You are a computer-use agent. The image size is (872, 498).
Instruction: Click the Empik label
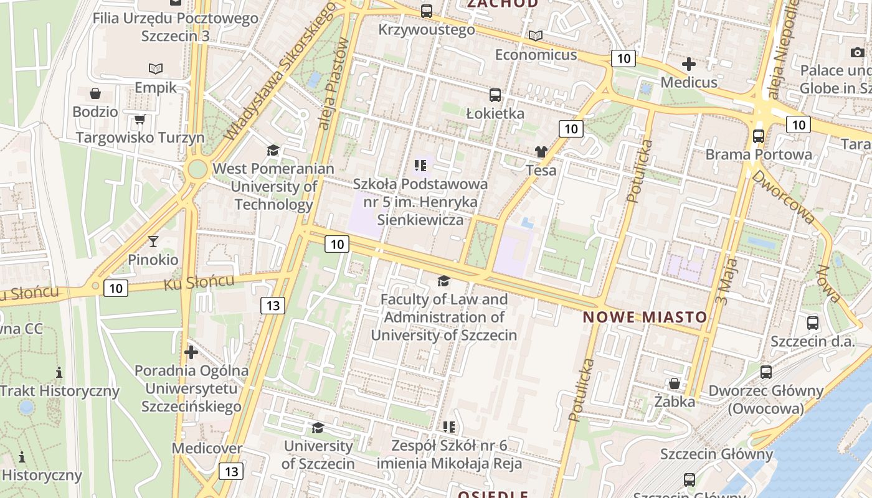[x=156, y=88]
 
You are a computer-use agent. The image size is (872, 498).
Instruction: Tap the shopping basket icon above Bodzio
[x=95, y=93]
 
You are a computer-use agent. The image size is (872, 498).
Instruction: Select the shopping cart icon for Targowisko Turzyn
[x=140, y=119]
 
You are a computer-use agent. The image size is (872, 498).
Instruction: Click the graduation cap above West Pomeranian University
[x=273, y=150]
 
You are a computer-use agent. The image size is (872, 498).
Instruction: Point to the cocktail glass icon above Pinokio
[x=153, y=241]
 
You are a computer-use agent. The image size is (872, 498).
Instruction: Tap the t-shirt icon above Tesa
[x=541, y=151]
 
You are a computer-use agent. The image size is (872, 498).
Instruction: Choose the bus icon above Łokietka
[x=495, y=95]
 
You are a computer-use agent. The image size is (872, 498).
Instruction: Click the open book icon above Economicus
[x=536, y=35]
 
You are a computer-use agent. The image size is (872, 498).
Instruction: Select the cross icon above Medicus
[x=689, y=63]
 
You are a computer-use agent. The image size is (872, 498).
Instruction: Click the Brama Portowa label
[x=759, y=154]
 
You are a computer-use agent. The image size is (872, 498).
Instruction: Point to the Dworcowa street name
[x=783, y=197]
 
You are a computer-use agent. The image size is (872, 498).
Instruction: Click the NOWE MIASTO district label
[x=645, y=317]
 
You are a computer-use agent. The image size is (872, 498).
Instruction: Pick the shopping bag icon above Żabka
[x=675, y=383]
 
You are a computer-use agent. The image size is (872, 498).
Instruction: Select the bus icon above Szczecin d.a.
[x=813, y=322]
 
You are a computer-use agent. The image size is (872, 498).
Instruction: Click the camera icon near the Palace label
[x=857, y=52]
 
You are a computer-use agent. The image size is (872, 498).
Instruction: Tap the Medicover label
[x=207, y=448]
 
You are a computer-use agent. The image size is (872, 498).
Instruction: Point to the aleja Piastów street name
[x=333, y=84]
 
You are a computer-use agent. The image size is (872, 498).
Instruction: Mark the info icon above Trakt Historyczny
[x=59, y=372]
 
